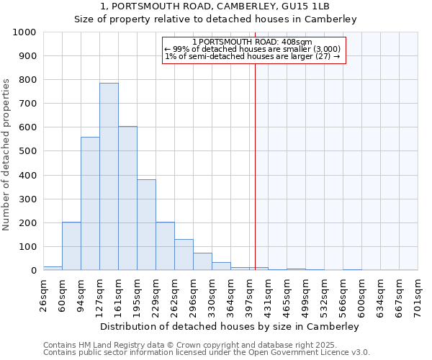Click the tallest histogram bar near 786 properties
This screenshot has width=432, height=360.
(x=109, y=176)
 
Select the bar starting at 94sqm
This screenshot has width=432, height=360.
(x=90, y=204)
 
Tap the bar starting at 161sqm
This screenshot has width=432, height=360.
(x=127, y=198)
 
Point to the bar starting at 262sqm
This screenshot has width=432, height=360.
(x=184, y=255)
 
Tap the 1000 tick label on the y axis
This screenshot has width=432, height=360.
(x=24, y=32)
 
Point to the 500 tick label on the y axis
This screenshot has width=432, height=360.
(x=27, y=151)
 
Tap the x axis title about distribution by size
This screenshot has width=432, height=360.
(x=230, y=326)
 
